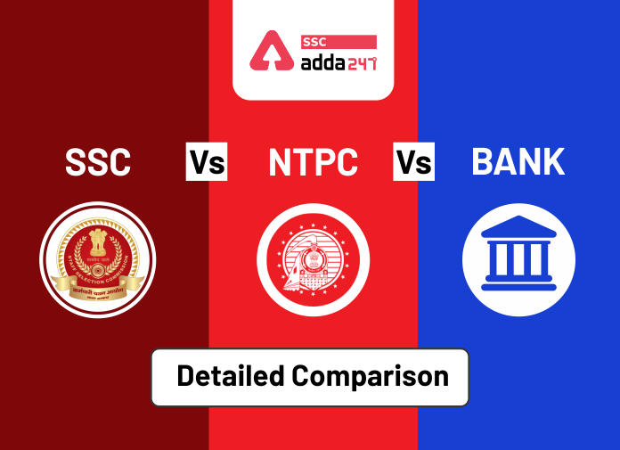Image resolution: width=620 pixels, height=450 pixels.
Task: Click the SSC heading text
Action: [x=98, y=163]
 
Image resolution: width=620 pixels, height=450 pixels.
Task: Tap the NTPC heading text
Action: [x=313, y=163]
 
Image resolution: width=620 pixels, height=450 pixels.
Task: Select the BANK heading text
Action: [x=518, y=162]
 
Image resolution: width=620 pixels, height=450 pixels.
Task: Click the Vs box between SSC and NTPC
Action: [x=207, y=163]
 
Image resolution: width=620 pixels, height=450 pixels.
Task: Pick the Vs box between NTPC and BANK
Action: [x=414, y=163]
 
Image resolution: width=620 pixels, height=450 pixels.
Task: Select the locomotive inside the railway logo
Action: [x=313, y=264]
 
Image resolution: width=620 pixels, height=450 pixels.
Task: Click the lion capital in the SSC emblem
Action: [x=98, y=241]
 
